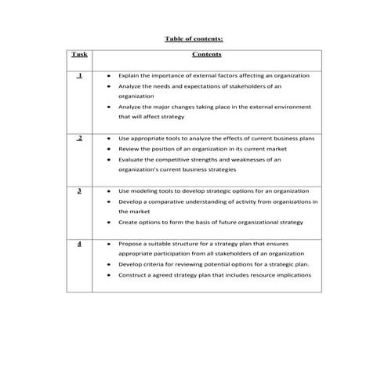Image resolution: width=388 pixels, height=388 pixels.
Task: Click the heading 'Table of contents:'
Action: [194, 38]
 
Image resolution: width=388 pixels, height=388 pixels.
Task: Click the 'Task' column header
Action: [79, 55]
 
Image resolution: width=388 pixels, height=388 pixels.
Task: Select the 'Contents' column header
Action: [207, 55]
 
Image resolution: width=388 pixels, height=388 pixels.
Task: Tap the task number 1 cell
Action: [79, 75]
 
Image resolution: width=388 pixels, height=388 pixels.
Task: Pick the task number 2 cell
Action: [79, 138]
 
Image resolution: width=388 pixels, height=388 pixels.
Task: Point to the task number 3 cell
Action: [79, 190]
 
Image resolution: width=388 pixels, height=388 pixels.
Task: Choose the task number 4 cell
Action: [79, 244]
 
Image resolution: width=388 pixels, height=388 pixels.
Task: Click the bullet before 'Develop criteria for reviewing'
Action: [108, 265]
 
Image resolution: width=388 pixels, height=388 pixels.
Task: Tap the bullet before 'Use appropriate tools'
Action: [108, 138]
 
